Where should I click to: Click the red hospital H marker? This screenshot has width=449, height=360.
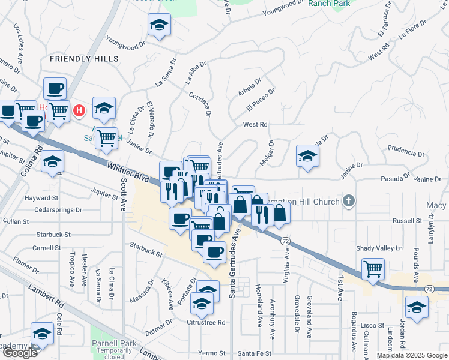pos(79,110)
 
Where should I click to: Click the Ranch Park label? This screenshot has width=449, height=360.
pos(328,4)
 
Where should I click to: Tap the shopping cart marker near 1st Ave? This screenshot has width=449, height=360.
pos(373,269)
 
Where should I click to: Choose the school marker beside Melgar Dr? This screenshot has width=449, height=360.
pos(307,156)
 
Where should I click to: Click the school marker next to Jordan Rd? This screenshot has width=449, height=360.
pos(417,307)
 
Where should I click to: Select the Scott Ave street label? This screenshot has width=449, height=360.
pos(124,194)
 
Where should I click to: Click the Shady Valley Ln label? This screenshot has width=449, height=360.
pos(379,248)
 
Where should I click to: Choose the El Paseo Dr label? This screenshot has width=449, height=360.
pos(260,100)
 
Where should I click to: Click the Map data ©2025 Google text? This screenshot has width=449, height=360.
pos(412,355)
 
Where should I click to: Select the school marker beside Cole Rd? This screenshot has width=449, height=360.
pos(42,335)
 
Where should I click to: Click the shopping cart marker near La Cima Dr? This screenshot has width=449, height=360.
pos(107,137)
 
